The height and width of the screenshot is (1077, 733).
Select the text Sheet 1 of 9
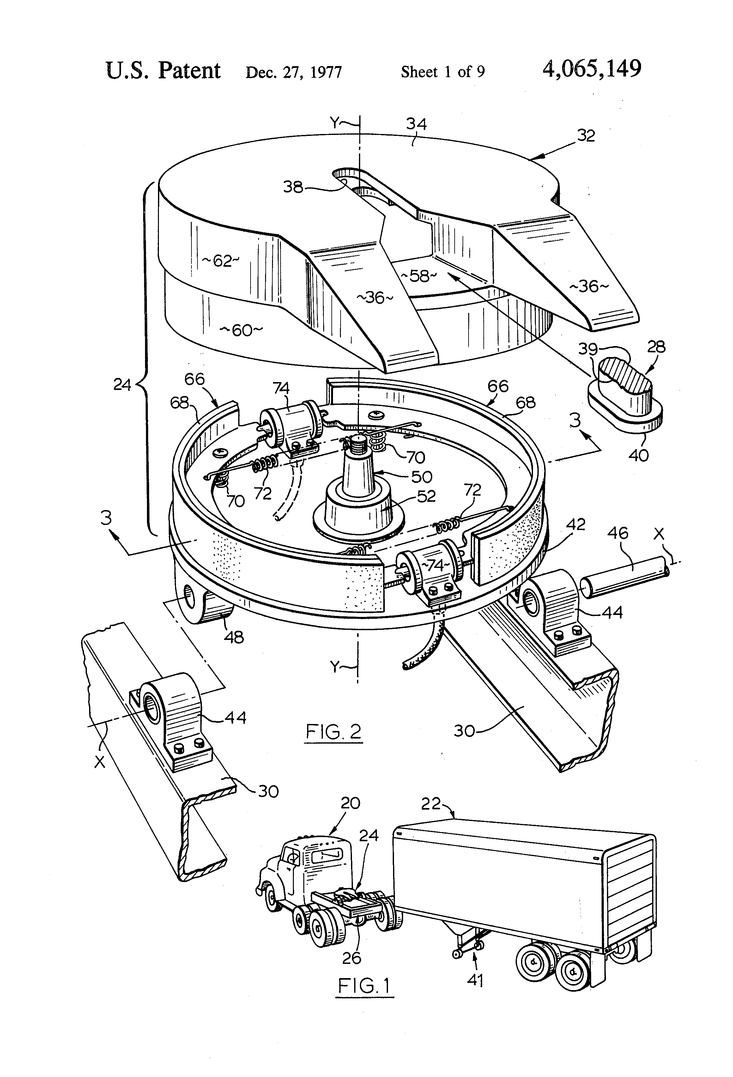tap(443, 72)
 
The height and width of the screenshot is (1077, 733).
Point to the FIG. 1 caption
tap(364, 998)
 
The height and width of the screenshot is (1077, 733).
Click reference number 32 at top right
tap(586, 136)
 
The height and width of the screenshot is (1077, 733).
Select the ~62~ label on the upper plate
tap(221, 261)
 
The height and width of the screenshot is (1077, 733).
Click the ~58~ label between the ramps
tap(418, 276)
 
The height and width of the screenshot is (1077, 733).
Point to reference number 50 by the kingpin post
tap(421, 477)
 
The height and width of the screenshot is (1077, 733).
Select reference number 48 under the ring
tap(233, 638)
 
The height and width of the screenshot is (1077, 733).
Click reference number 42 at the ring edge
tap(575, 525)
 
